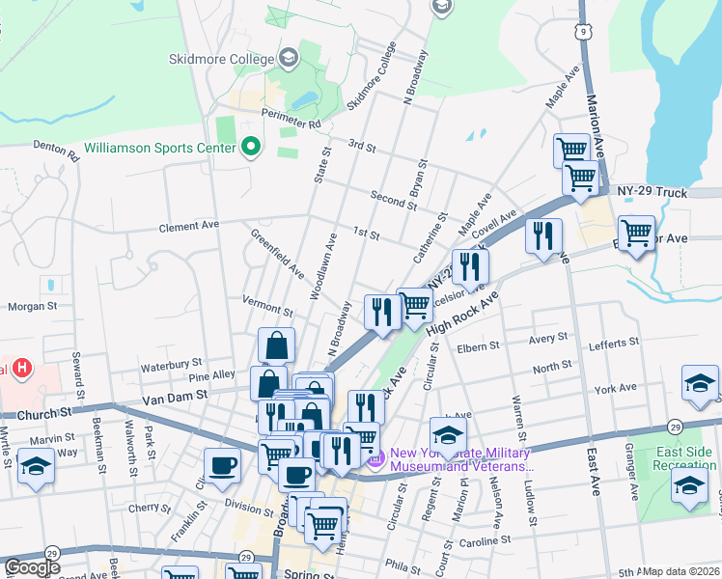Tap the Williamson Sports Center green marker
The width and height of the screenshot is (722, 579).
pos(251,148)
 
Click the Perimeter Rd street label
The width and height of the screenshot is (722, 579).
pos(289,124)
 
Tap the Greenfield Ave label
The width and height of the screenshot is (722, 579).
pos(277,254)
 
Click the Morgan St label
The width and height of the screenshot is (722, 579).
pos(27,307)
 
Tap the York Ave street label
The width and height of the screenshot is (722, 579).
pos(617,388)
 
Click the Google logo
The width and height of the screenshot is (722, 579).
pos(32,567)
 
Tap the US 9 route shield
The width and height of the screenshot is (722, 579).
pos(582,32)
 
